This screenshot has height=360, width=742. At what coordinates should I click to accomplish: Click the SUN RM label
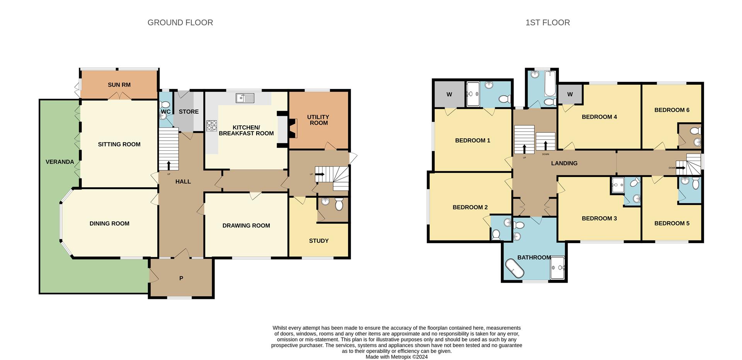119,85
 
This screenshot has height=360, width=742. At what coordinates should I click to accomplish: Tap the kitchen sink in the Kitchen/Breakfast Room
244,98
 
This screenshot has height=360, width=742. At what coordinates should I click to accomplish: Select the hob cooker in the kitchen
212,126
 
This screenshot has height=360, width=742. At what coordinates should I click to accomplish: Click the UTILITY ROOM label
318,120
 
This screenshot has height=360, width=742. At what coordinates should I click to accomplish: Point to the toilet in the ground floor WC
165,104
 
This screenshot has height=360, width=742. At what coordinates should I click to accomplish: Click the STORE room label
189,112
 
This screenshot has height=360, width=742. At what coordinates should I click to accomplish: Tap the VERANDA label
60,162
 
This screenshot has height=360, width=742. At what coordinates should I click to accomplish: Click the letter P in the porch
181,278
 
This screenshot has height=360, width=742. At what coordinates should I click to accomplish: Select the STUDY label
319,241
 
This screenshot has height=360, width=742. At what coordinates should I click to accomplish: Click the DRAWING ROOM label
246,226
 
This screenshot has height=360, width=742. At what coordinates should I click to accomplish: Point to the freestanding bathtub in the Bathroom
514,268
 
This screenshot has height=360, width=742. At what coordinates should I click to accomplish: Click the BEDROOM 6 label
672,110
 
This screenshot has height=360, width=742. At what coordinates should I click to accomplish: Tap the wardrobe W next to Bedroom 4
570,95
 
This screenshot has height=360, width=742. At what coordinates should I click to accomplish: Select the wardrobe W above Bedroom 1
449,95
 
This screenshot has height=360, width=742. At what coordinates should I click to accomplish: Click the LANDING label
564,164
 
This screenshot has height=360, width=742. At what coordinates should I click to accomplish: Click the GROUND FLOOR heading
180,23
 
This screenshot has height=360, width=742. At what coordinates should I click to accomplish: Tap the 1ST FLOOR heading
547,23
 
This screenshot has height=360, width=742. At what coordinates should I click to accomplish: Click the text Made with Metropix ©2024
397,357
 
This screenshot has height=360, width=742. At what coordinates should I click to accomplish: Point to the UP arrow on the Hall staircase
168,165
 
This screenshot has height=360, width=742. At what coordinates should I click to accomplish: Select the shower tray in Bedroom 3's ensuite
618,186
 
